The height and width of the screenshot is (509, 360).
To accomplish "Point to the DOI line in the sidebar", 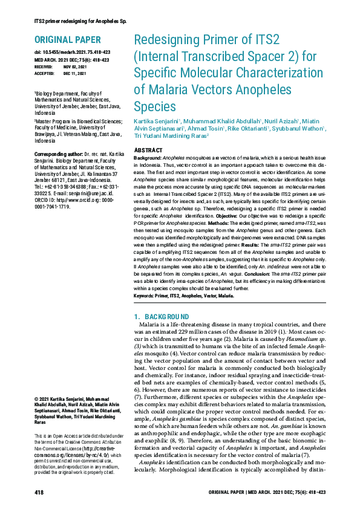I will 72,54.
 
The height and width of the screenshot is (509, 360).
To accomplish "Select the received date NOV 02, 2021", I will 75,66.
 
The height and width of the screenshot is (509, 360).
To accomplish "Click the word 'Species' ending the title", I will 154,107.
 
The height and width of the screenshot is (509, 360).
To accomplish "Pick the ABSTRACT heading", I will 148,150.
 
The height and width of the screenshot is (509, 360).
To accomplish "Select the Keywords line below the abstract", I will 183,296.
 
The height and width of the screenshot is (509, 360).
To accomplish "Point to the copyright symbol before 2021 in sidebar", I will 37,400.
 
